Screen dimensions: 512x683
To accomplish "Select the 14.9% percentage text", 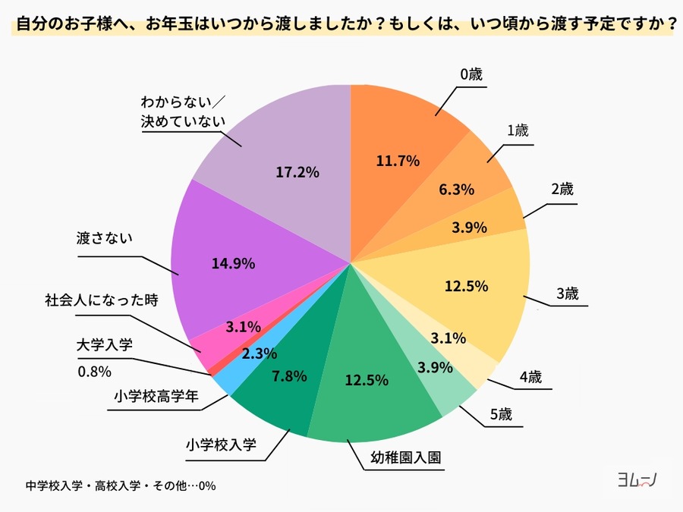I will pos(234,263).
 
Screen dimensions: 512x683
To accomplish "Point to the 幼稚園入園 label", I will pos(406,458).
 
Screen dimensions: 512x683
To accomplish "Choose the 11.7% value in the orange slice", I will pos(398,160).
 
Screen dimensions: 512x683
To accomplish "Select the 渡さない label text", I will pos(105,237).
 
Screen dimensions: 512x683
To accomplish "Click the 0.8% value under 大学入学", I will pos(95,372).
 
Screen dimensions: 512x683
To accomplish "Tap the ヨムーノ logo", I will pos(636,479).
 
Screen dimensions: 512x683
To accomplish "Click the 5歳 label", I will pos(500,414).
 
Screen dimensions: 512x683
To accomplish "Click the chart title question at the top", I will pos(341,23).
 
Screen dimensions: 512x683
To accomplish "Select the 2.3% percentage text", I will pos(260,353).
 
